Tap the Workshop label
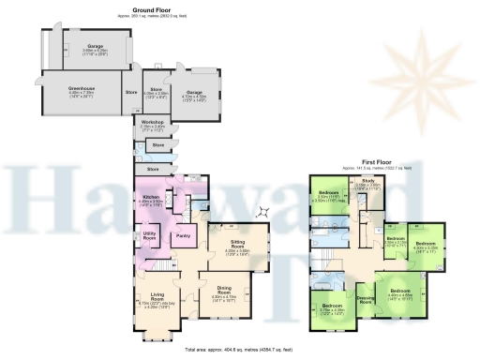pyautogui.click(x=153, y=122)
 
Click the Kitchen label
pyautogui.click(x=152, y=195)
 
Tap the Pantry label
pyautogui.click(x=184, y=235)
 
